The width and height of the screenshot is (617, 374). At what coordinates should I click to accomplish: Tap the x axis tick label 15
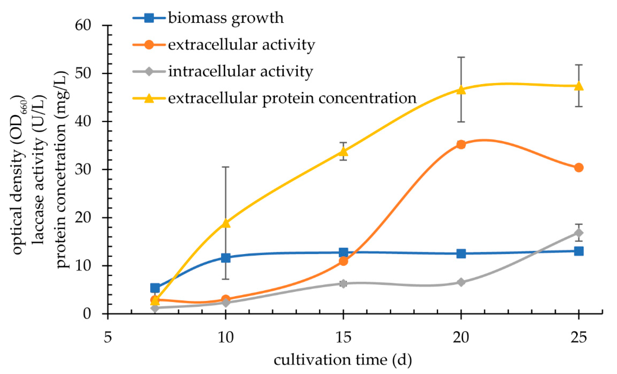click(x=343, y=338)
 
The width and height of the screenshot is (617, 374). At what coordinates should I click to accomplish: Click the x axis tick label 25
click(x=579, y=338)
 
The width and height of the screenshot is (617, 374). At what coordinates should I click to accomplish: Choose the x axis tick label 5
click(x=108, y=338)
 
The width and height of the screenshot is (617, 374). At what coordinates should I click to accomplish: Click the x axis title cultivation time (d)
click(x=343, y=360)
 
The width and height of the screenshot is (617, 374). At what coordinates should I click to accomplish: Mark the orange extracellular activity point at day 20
click(x=461, y=144)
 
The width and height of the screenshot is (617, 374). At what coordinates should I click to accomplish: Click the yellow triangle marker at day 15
click(x=343, y=151)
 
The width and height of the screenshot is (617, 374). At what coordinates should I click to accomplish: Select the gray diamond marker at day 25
click(x=579, y=233)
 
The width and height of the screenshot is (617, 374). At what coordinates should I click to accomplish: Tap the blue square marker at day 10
click(x=226, y=258)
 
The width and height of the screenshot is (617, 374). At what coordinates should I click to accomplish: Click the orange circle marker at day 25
click(x=579, y=168)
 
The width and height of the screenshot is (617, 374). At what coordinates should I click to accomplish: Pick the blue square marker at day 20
click(x=461, y=253)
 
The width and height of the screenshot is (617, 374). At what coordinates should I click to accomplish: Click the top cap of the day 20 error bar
click(x=461, y=57)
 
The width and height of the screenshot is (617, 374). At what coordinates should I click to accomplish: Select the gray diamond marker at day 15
click(x=343, y=283)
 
